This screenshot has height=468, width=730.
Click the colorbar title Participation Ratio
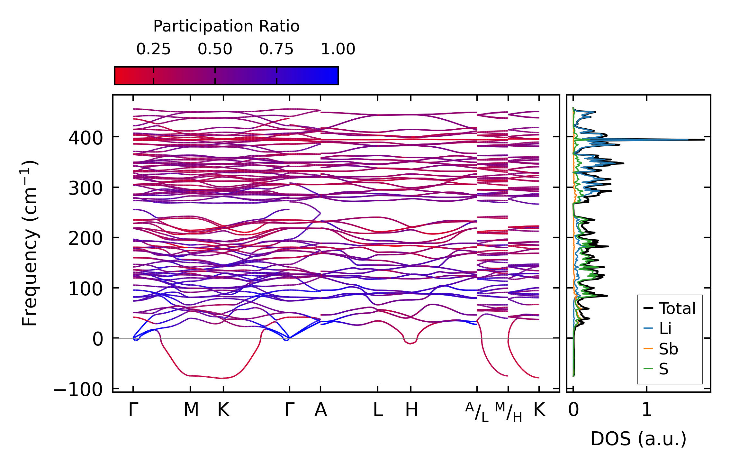[226, 26]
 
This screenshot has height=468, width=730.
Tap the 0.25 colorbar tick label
[153, 49]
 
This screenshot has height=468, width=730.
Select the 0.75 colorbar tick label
[276, 49]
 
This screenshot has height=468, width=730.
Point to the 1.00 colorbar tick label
[338, 49]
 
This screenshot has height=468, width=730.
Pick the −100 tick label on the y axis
[78, 390]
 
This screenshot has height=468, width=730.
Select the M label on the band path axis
[191, 410]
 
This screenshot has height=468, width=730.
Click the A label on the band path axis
[320, 410]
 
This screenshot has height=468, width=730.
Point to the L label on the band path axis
[378, 410]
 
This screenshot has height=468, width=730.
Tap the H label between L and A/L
[411, 410]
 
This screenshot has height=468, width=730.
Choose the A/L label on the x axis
[477, 412]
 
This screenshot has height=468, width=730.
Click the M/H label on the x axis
[508, 412]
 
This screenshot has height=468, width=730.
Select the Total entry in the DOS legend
[677, 308]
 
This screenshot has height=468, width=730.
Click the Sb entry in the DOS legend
[668, 349]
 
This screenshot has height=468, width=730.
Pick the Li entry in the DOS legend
[665, 328]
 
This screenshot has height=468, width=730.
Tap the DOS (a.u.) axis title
[638, 439]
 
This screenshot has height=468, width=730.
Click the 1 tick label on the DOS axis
[647, 410]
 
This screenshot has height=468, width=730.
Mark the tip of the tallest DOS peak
[704, 140]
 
